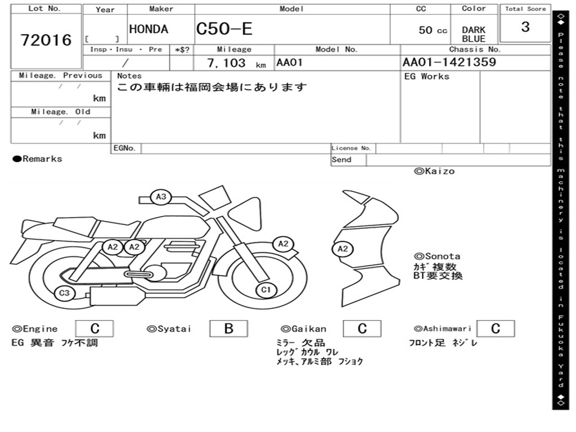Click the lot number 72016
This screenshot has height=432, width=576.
(x=46, y=40)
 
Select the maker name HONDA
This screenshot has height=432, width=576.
(x=148, y=29)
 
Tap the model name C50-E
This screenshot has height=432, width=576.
(x=224, y=29)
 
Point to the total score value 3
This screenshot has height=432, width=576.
(x=525, y=27)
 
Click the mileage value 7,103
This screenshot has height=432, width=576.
(x=226, y=63)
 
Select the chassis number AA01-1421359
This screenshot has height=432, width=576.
(x=449, y=62)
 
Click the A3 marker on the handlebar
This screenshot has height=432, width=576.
(x=161, y=197)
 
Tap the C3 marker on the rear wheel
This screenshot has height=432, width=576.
(x=64, y=293)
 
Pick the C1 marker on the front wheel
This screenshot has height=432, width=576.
(x=265, y=290)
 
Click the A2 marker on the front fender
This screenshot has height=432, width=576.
(x=283, y=244)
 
